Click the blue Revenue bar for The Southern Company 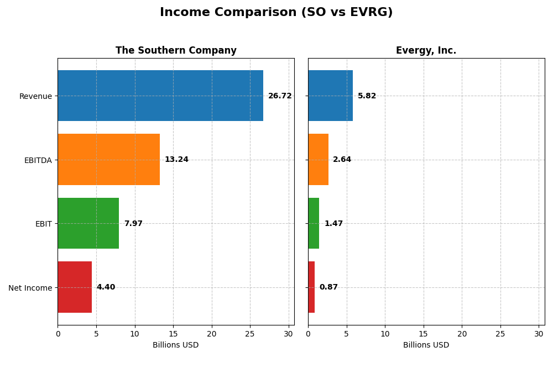pos(160,96)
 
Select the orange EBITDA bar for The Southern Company pos(108,159)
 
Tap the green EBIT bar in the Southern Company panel pos(88,223)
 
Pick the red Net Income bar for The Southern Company pos(75,287)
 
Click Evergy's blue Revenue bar pos(330,96)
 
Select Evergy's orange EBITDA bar pos(318,159)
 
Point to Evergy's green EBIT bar pos(314,223)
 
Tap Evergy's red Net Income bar pos(311,287)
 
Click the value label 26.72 pos(280,96)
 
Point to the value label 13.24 pos(176,160)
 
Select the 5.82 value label pos(367,96)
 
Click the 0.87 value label pos(328,287)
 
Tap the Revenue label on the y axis pos(35,96)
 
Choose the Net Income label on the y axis pos(30,288)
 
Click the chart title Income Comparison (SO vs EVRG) pos(276,12)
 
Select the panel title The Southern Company pos(176,51)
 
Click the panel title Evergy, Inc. pos(426,51)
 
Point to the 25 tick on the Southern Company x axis pos(250,334)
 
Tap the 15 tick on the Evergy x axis pos(424,334)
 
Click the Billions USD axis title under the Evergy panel pos(426,345)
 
